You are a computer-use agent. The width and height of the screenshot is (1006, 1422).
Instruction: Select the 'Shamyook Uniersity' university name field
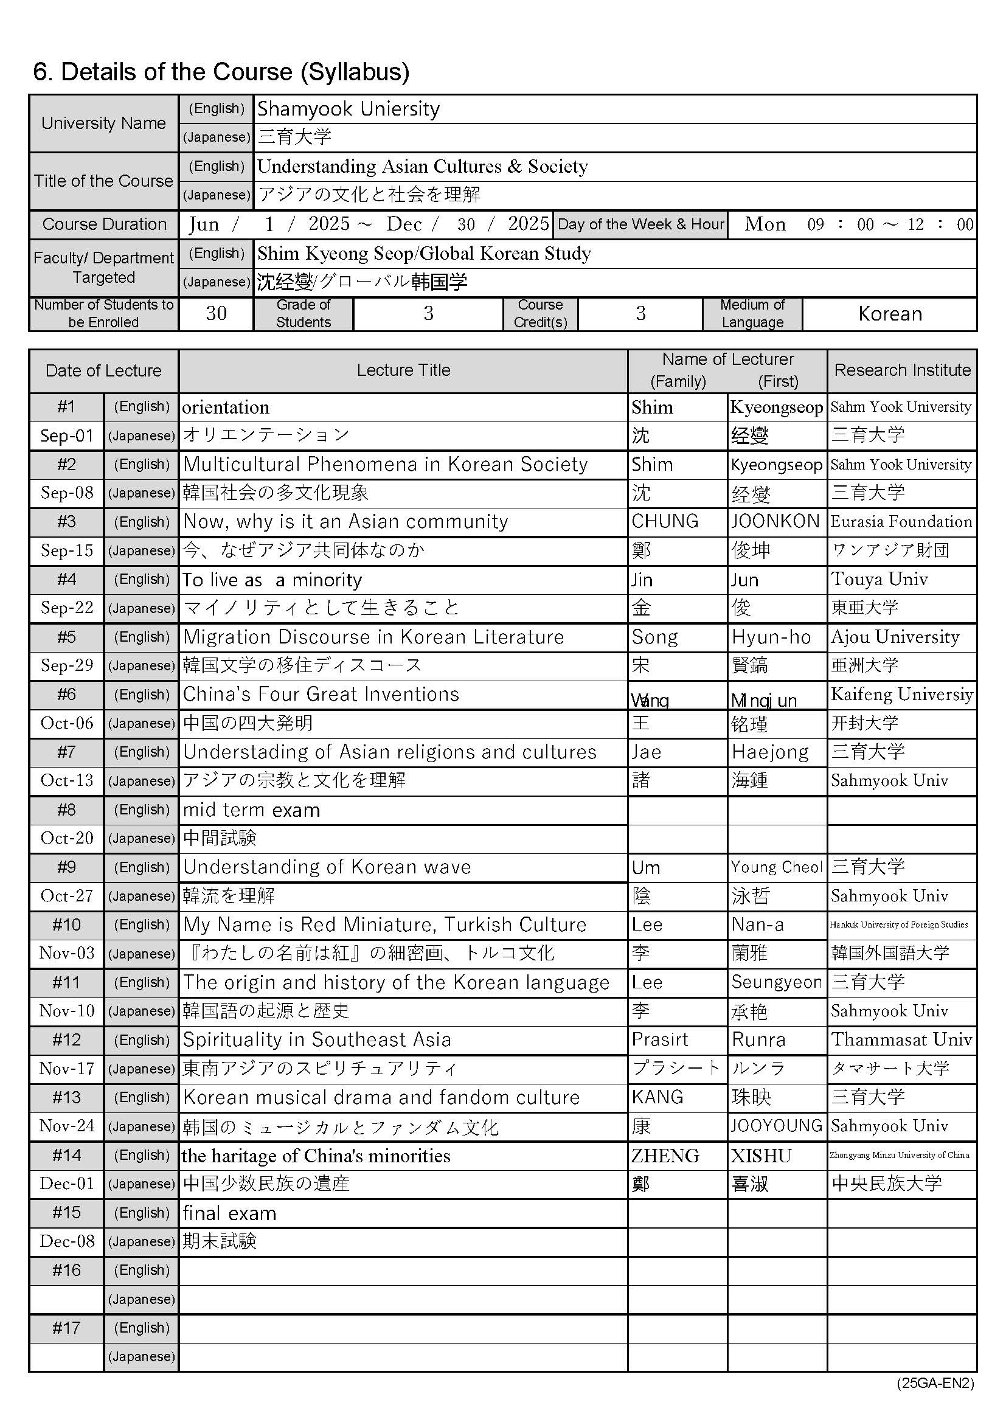click(x=348, y=109)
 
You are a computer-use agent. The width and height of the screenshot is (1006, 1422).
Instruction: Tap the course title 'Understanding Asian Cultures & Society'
click(x=423, y=167)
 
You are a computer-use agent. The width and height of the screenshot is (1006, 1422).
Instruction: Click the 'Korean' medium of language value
click(x=890, y=314)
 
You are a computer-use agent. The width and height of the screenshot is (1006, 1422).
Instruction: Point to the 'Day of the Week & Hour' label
click(x=640, y=224)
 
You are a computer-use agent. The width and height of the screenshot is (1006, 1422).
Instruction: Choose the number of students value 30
click(x=216, y=314)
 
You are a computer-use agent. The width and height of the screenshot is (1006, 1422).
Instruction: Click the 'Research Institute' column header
click(x=902, y=370)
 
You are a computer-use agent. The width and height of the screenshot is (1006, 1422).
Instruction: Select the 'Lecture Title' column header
click(x=403, y=370)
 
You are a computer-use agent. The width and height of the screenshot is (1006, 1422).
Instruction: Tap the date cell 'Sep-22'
click(x=67, y=608)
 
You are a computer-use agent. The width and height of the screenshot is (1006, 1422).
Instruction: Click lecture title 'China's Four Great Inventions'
click(x=321, y=695)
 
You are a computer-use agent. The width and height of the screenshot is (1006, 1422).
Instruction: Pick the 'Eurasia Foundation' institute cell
click(x=901, y=521)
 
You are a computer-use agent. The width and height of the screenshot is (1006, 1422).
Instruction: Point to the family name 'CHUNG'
click(x=665, y=521)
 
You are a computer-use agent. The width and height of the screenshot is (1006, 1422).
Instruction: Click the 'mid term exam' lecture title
click(x=252, y=810)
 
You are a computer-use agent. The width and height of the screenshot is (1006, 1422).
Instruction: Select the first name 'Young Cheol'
click(x=776, y=867)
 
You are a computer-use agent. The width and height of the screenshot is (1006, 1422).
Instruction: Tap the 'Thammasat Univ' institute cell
click(x=901, y=1039)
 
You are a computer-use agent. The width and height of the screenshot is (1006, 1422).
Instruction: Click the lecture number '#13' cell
click(x=66, y=1097)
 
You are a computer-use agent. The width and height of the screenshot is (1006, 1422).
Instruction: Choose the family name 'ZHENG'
click(x=665, y=1156)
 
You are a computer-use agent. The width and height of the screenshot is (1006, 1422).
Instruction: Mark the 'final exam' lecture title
click(x=229, y=1213)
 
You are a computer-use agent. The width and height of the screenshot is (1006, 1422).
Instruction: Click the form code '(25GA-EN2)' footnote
click(x=935, y=1384)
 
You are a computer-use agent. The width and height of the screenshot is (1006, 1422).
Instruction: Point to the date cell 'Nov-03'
click(x=67, y=953)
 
